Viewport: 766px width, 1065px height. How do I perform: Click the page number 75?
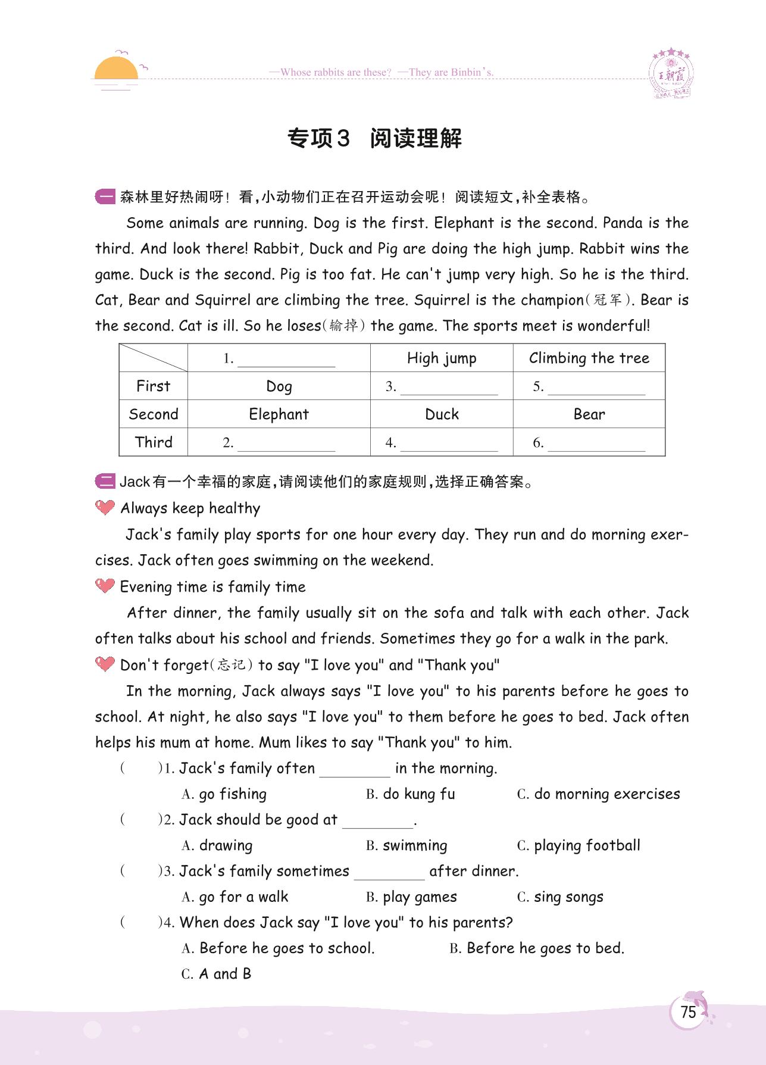(x=687, y=1012)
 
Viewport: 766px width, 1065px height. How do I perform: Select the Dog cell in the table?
(x=279, y=386)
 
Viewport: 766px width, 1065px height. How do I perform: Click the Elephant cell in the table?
(x=279, y=414)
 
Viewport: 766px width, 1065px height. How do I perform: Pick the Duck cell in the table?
(x=442, y=414)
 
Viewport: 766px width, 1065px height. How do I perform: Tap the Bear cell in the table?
(x=589, y=414)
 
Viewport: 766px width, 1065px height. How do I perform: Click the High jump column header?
(x=442, y=358)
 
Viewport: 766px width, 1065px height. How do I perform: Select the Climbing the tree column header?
(x=589, y=358)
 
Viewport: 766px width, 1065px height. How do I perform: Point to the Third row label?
(x=154, y=442)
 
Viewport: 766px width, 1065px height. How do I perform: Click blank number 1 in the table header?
(x=286, y=360)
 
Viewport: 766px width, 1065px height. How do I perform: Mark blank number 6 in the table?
(x=596, y=444)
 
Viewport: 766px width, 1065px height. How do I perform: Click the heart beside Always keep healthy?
(x=105, y=508)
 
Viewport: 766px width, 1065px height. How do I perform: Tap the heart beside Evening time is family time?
(x=105, y=586)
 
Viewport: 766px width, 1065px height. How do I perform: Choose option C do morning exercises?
(x=606, y=794)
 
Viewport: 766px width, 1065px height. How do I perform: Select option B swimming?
(x=414, y=846)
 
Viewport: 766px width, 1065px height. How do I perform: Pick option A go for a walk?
(x=243, y=897)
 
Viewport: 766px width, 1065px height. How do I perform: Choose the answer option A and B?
(x=224, y=974)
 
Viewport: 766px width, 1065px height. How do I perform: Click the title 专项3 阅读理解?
(x=374, y=139)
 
